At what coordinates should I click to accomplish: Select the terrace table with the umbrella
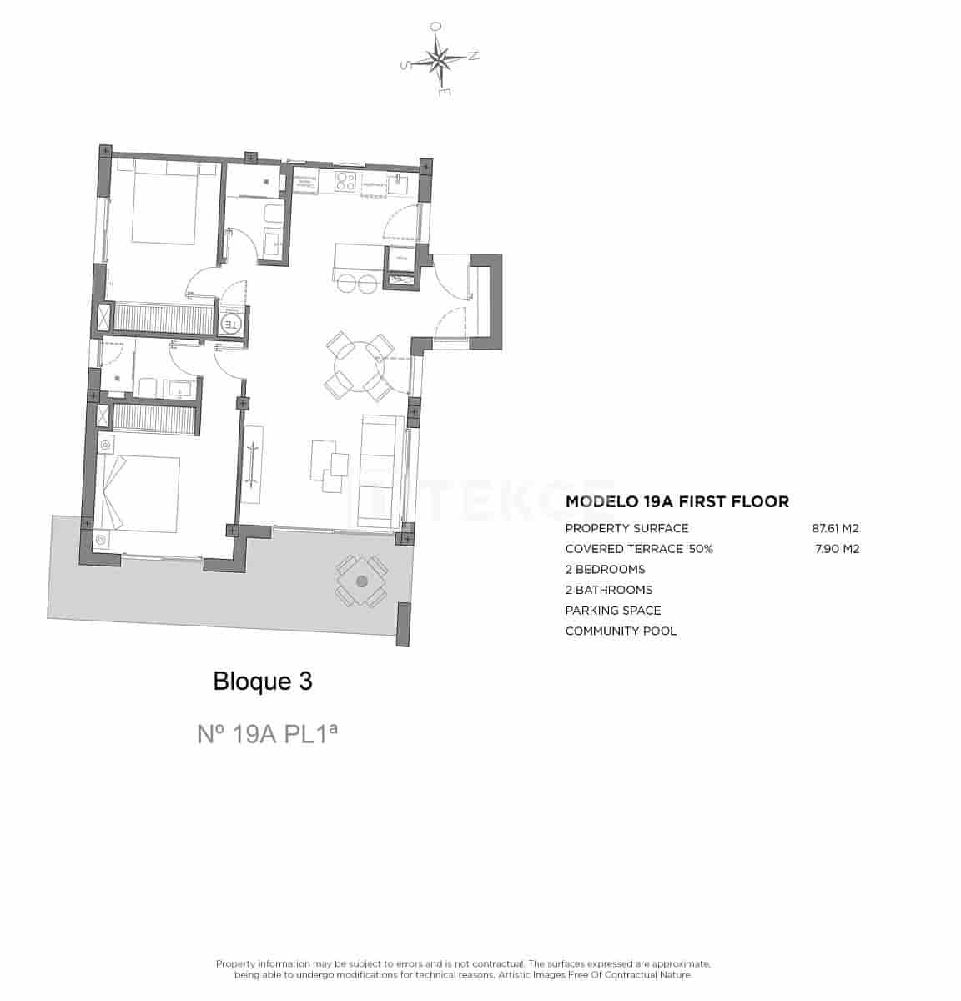point(361,581)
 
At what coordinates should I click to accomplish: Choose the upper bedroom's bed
point(164,204)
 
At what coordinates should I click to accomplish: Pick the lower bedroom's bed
point(140,493)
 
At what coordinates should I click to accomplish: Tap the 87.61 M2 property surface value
point(835,528)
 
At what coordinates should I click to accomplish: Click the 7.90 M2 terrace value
point(837,549)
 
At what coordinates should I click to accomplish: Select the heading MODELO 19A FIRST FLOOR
point(677,502)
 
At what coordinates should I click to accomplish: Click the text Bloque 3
point(263,682)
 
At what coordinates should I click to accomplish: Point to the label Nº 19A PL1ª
point(267,734)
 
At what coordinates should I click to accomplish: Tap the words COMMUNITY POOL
point(621,631)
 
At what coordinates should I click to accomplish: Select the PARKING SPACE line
point(612,611)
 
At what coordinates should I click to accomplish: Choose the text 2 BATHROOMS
point(608,590)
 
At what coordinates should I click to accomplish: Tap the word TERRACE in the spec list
point(657,549)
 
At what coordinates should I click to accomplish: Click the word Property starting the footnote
point(236,963)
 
